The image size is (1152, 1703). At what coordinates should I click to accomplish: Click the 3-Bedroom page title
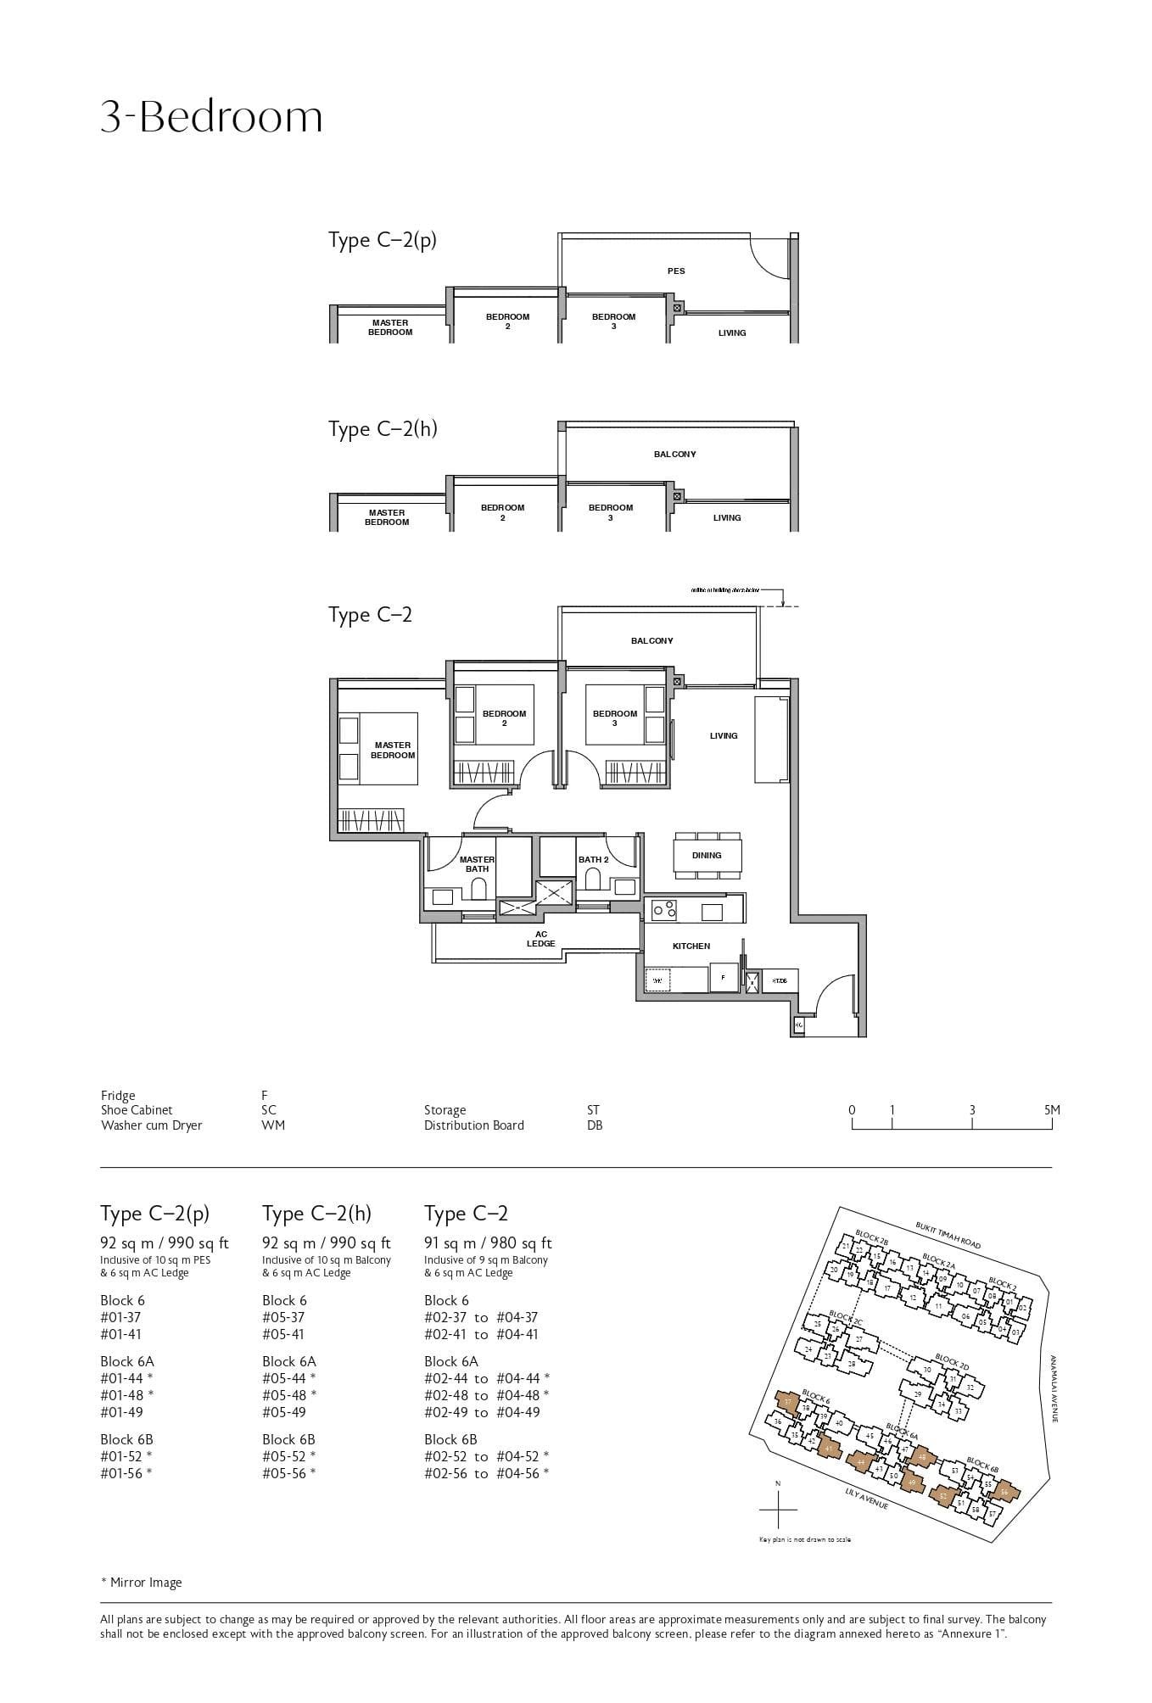[x=211, y=117]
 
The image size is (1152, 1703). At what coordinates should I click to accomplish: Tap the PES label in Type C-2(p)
[x=675, y=271]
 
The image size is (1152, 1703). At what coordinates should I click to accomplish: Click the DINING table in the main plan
[x=707, y=855]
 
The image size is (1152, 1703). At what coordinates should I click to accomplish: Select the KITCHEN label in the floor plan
[x=691, y=946]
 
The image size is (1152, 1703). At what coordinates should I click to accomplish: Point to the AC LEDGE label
[x=540, y=939]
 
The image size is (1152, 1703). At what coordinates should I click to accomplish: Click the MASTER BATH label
[x=477, y=864]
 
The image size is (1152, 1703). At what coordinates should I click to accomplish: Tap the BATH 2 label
[x=593, y=860]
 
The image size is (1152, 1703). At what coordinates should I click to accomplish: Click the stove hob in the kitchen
[x=664, y=909]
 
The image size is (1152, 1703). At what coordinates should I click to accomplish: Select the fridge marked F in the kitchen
[x=723, y=977]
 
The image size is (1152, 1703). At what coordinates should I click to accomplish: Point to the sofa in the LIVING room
[x=772, y=739]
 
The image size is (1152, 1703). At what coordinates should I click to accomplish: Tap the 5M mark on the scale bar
[x=1052, y=1110]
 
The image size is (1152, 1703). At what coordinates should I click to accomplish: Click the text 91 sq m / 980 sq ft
[x=488, y=1243]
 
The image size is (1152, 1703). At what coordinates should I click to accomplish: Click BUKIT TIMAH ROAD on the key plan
[x=948, y=1235]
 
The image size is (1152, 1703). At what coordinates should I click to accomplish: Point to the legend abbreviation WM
[x=273, y=1125]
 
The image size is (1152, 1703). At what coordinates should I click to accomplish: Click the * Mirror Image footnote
[x=141, y=1583]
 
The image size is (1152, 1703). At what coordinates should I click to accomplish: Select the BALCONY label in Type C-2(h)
[x=674, y=455]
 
